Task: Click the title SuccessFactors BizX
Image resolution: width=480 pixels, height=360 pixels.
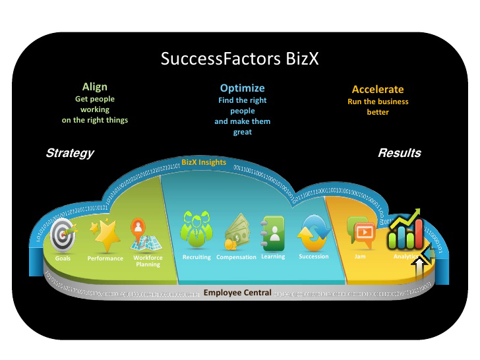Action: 240,59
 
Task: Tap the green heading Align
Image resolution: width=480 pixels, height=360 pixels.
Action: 94,87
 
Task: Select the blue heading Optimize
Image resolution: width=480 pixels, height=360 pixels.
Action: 242,88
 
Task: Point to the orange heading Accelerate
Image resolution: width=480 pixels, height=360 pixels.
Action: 378,90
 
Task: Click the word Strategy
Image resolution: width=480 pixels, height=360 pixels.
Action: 69,153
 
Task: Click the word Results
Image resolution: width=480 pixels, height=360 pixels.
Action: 399,153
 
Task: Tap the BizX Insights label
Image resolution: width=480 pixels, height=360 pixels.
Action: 204,162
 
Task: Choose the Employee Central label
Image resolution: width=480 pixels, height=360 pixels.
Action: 237,292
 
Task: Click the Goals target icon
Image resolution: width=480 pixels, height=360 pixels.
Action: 63,234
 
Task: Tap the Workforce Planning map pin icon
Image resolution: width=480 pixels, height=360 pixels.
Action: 140,233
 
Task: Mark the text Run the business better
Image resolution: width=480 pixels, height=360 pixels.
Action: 378,107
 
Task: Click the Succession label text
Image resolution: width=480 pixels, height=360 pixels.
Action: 313,256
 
